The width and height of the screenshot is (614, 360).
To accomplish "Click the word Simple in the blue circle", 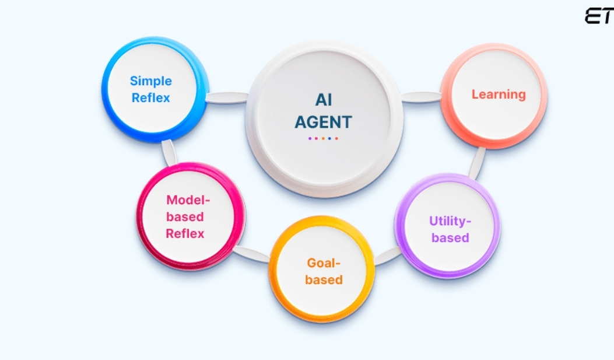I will pyautogui.click(x=150, y=81).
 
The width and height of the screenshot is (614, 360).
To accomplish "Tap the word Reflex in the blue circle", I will pyautogui.click(x=150, y=97).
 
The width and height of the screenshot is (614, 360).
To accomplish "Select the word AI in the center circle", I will pyautogui.click(x=324, y=100).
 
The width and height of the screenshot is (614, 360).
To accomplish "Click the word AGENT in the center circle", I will pyautogui.click(x=324, y=122).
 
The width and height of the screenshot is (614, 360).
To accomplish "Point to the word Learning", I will pyautogui.click(x=499, y=94).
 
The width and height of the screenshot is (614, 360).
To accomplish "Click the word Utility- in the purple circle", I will pyautogui.click(x=450, y=221).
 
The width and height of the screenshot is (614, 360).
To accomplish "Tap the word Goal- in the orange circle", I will pyautogui.click(x=324, y=263).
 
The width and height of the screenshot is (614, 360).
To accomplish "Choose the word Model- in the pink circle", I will pyautogui.click(x=187, y=200).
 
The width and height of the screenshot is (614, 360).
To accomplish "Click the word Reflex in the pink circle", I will pyautogui.click(x=185, y=233).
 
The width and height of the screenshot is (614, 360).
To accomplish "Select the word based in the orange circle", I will pyautogui.click(x=324, y=279).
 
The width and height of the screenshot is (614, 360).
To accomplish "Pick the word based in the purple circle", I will pyautogui.click(x=450, y=237).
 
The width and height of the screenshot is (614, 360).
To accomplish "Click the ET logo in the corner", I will pyautogui.click(x=599, y=17).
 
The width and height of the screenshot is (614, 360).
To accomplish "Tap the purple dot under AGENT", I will pyautogui.click(x=310, y=138).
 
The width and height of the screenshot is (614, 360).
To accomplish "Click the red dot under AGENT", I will pyautogui.click(x=336, y=138).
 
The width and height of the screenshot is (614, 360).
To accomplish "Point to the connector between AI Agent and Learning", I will pyautogui.click(x=421, y=97).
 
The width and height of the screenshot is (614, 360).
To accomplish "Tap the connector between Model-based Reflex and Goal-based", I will pyautogui.click(x=252, y=253).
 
